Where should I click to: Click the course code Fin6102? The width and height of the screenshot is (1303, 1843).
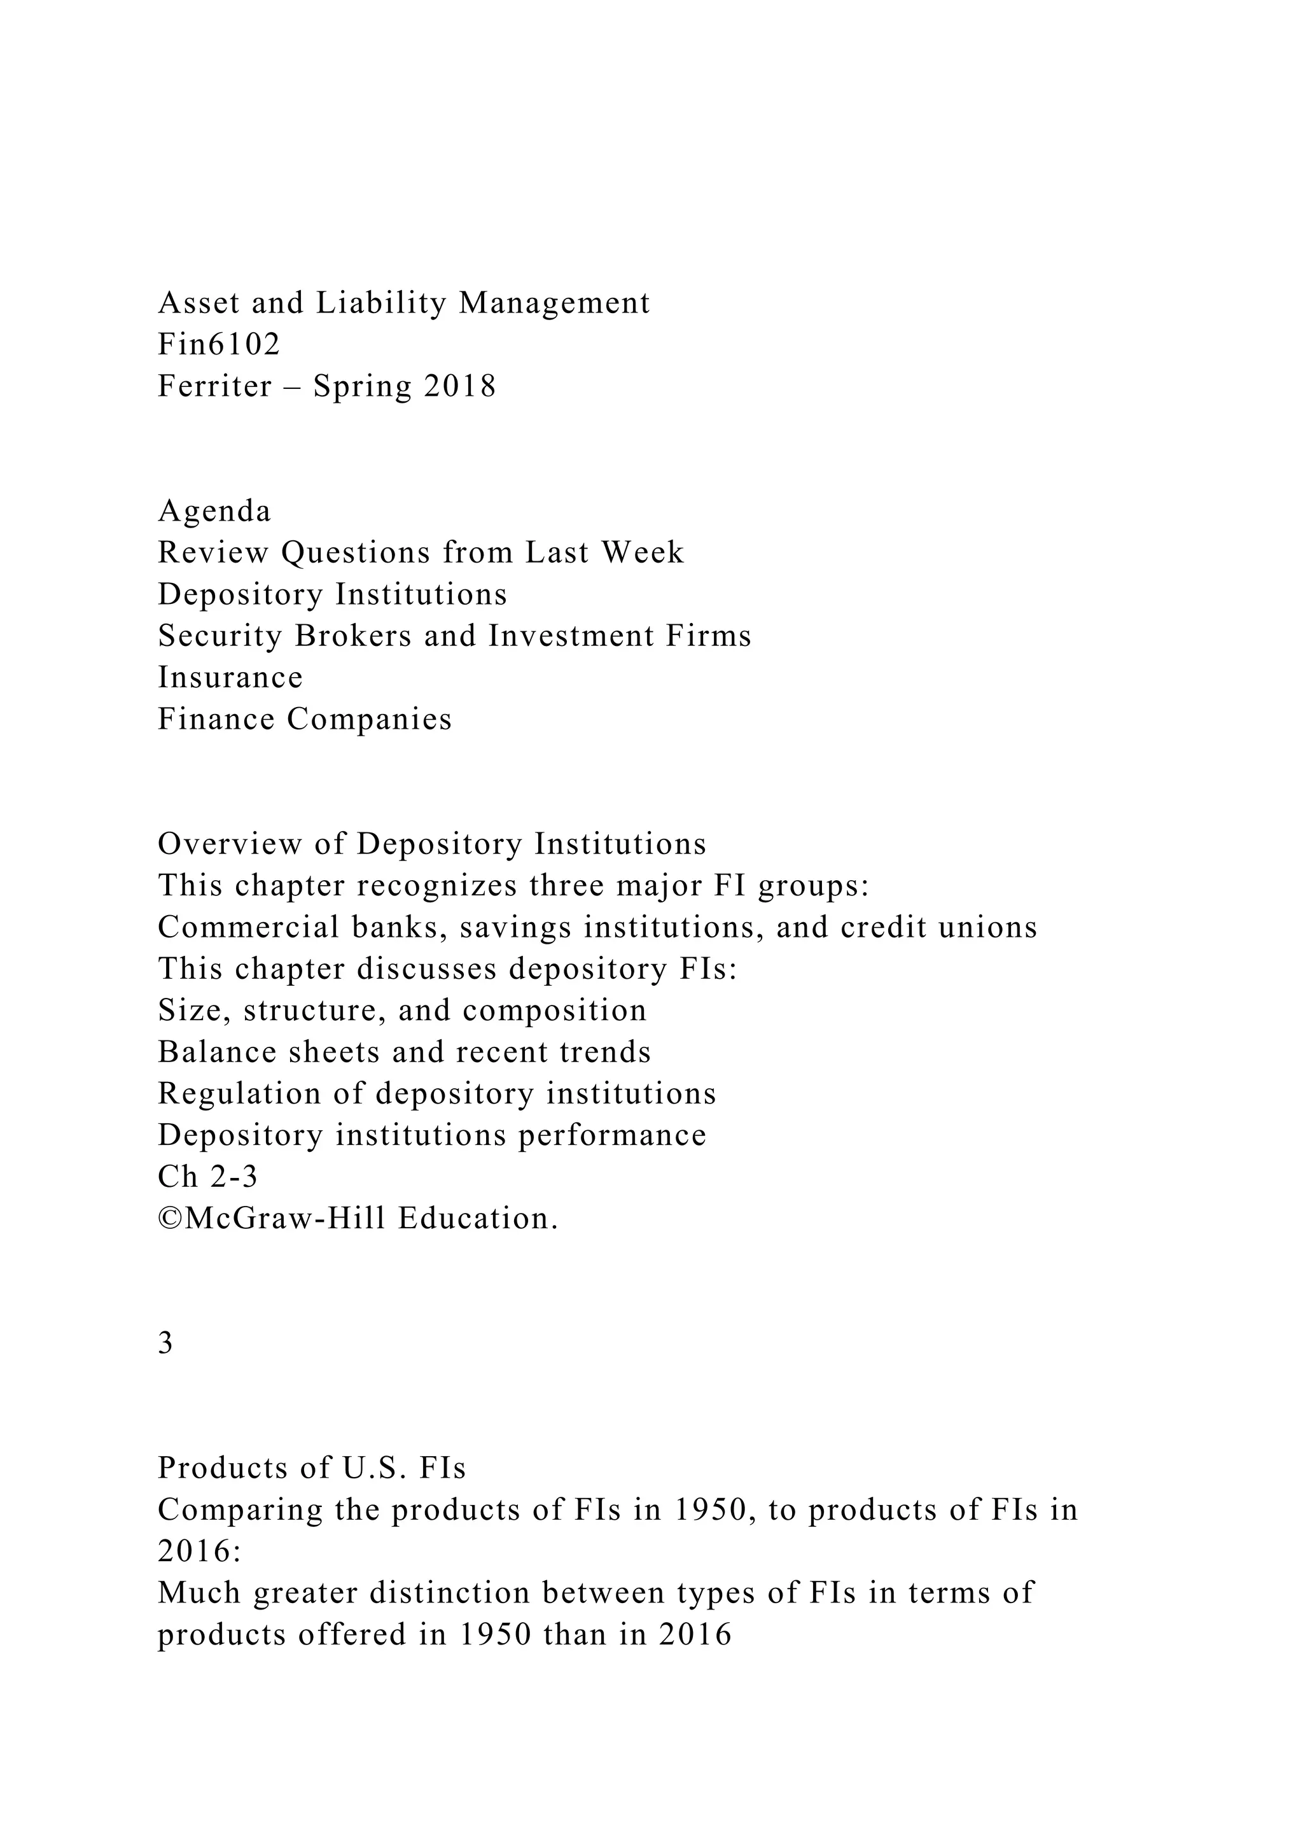pos(219,345)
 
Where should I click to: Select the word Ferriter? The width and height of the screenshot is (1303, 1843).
pos(214,387)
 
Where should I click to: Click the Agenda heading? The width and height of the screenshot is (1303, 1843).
pos(214,511)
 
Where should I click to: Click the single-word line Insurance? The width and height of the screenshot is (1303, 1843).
pos(230,678)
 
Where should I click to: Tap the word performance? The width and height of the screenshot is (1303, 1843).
pos(612,1136)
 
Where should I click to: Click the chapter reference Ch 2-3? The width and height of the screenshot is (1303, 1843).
pos(208,1177)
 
